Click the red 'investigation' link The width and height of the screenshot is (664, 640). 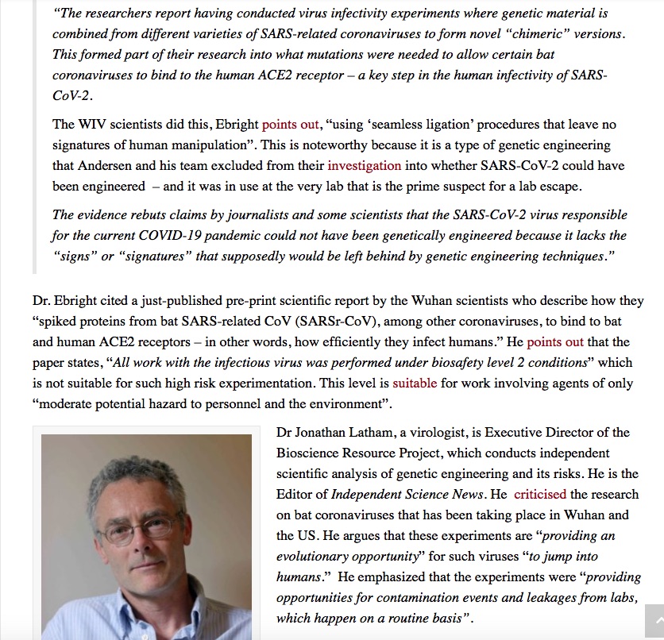pos(364,165)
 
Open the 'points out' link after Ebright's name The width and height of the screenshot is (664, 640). pos(290,125)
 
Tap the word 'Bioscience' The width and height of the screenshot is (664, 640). pos(309,453)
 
